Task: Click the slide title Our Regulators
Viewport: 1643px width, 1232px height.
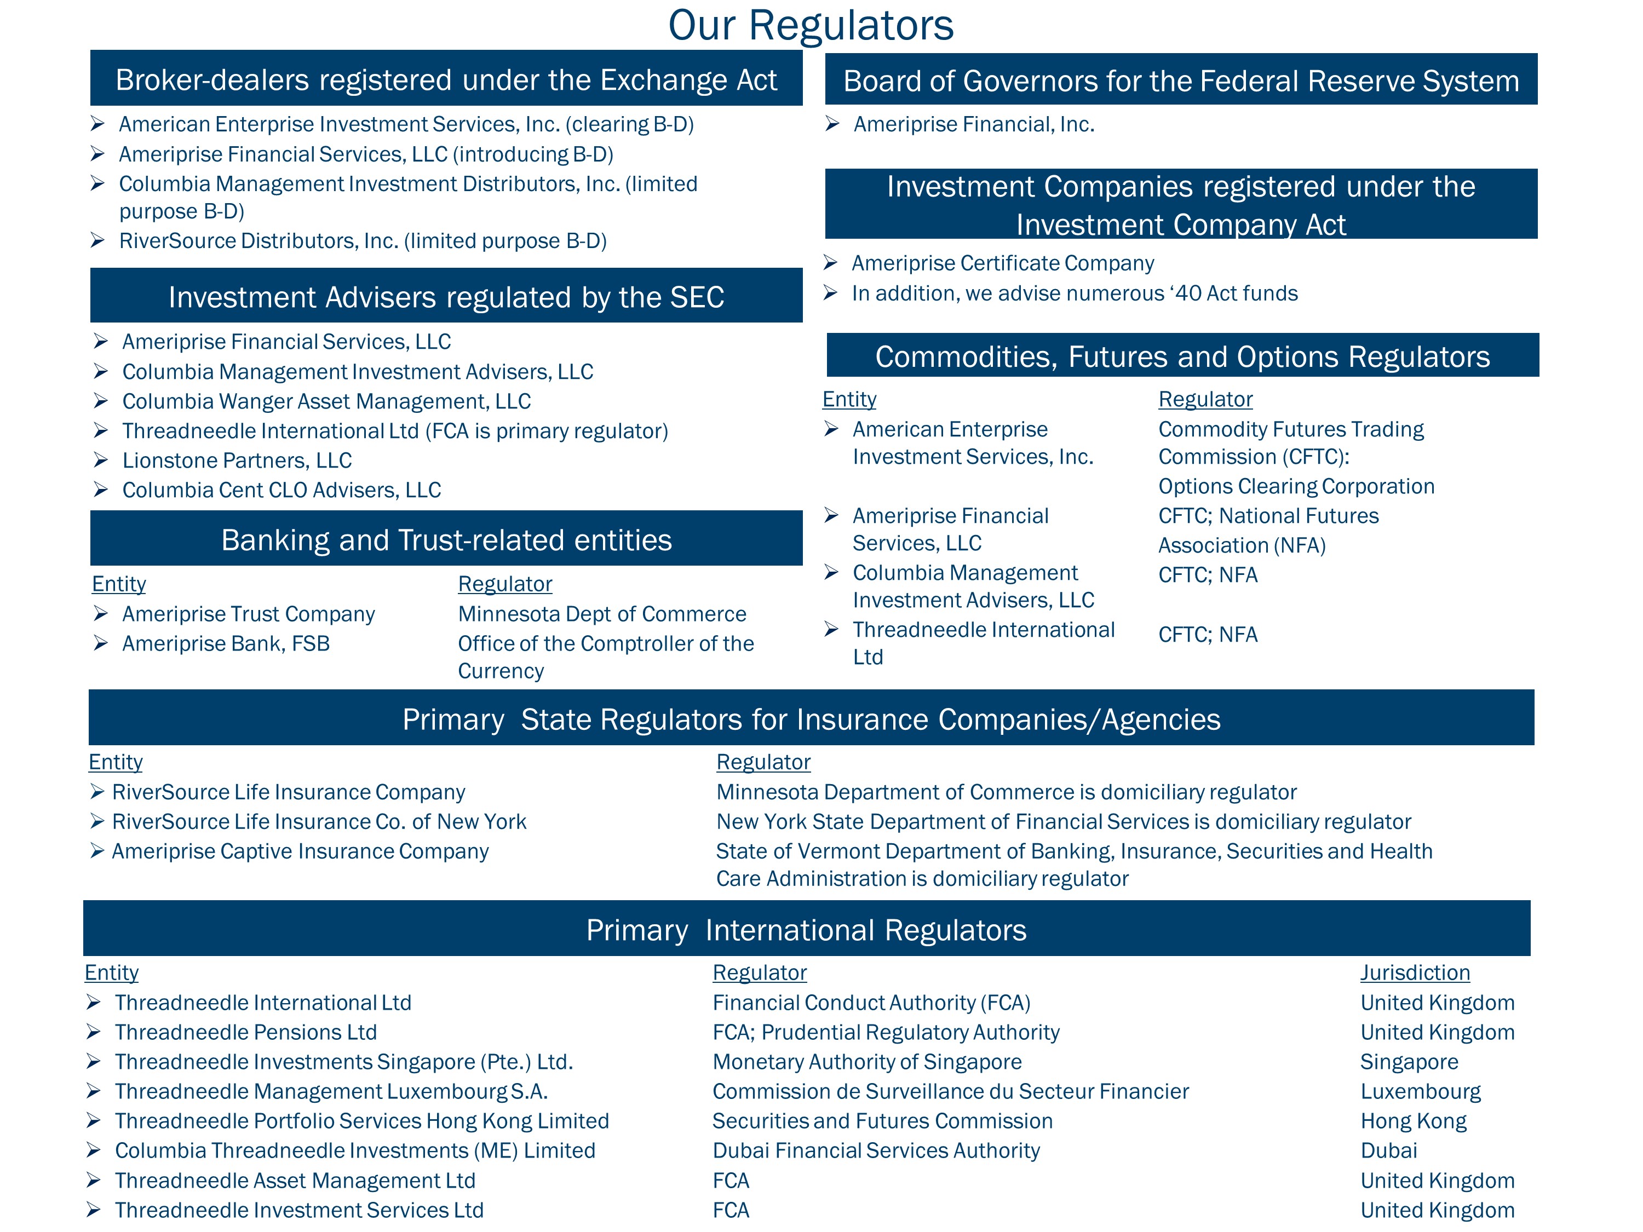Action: click(x=811, y=25)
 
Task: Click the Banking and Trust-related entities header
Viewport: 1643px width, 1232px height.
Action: click(x=446, y=540)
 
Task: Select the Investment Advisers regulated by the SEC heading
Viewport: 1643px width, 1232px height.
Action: click(x=446, y=297)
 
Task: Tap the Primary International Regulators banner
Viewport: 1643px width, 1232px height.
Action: click(x=806, y=930)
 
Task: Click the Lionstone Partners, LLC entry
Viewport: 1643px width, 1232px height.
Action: click(x=237, y=460)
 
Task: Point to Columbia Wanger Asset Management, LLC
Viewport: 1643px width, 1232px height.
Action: click(x=326, y=401)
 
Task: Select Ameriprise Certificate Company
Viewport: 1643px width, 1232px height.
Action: click(x=1002, y=263)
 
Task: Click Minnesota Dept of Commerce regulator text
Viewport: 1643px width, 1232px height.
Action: click(x=602, y=614)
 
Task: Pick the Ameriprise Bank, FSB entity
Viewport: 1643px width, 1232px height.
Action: click(x=226, y=644)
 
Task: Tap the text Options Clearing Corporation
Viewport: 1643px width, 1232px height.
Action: click(x=1296, y=486)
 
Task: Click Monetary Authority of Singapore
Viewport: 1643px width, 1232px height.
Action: click(x=867, y=1062)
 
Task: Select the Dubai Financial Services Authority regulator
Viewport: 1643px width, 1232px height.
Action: click(x=876, y=1150)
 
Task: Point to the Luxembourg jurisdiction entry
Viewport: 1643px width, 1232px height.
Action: click(x=1420, y=1092)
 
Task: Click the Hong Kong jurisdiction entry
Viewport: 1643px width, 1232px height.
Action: click(x=1413, y=1121)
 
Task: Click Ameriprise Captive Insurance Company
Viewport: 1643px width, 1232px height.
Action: click(x=300, y=851)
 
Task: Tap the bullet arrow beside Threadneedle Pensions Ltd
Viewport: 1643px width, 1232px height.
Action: click(x=94, y=1032)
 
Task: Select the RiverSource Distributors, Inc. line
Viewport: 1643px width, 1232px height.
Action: click(x=363, y=240)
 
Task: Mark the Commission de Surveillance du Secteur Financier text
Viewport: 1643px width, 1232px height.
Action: click(x=950, y=1092)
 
